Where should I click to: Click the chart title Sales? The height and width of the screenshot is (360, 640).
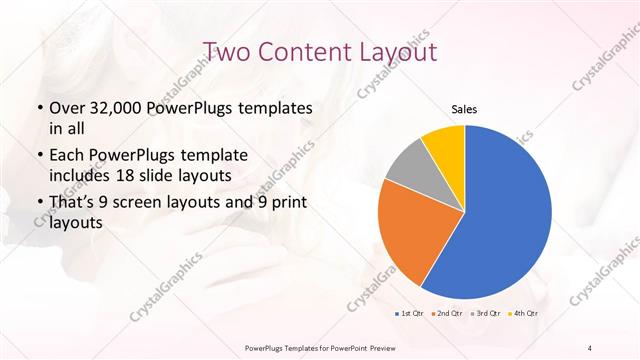464,109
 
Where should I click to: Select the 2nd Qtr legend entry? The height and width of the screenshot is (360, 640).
447,313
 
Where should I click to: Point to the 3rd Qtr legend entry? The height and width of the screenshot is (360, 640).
485,313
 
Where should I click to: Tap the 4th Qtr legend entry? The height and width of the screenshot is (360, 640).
523,313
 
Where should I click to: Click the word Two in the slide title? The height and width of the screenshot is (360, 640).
226,50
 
